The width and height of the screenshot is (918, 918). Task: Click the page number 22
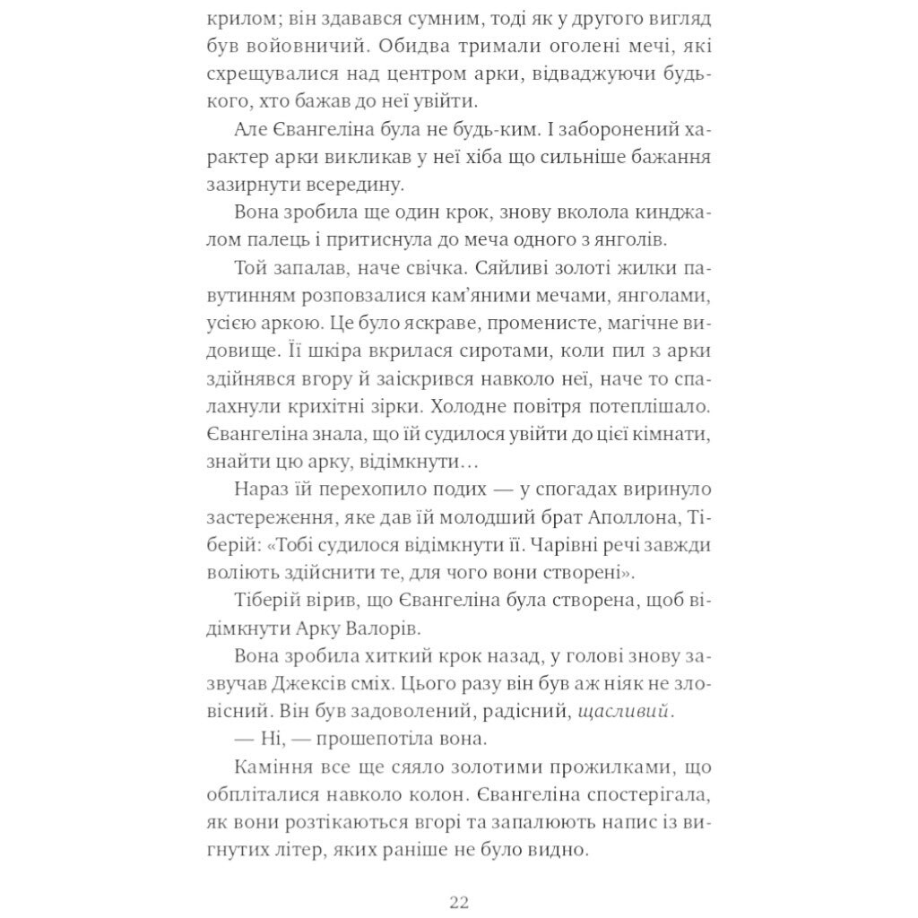pos(458,901)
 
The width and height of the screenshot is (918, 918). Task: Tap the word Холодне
pos(478,406)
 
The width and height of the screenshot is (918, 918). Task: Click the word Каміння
pos(273,766)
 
